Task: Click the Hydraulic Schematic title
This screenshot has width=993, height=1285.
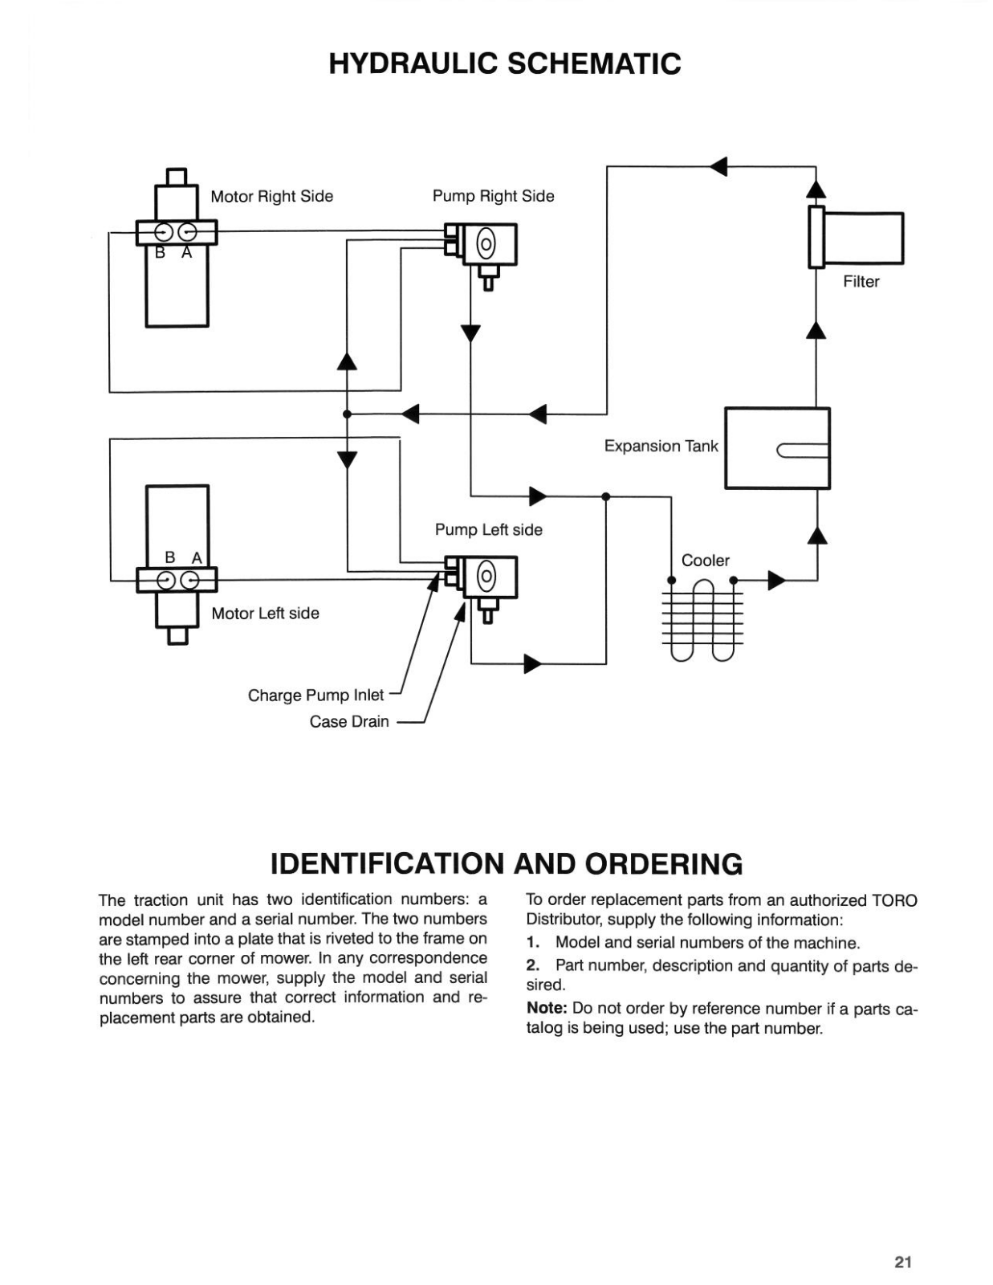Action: (505, 64)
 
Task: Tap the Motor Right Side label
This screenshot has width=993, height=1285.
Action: (272, 196)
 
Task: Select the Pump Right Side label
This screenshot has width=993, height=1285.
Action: (494, 196)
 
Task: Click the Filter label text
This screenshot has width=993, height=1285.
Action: (861, 281)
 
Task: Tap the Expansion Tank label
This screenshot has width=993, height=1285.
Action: (661, 446)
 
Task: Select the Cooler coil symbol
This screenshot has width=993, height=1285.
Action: (702, 619)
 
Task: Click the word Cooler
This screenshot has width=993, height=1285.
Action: (705, 560)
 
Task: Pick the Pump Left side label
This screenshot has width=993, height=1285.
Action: (489, 529)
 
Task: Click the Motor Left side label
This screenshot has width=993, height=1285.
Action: (266, 614)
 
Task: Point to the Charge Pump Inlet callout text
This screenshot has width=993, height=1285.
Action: (315, 695)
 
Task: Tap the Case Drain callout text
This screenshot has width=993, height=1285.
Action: (348, 721)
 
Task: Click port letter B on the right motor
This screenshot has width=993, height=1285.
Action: (160, 252)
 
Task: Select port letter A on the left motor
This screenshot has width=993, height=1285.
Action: (197, 558)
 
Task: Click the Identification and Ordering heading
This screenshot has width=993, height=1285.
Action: (507, 864)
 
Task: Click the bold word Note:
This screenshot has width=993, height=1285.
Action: (547, 1008)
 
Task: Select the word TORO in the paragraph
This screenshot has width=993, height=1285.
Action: (894, 900)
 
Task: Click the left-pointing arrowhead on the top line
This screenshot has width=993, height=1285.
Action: (718, 167)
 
